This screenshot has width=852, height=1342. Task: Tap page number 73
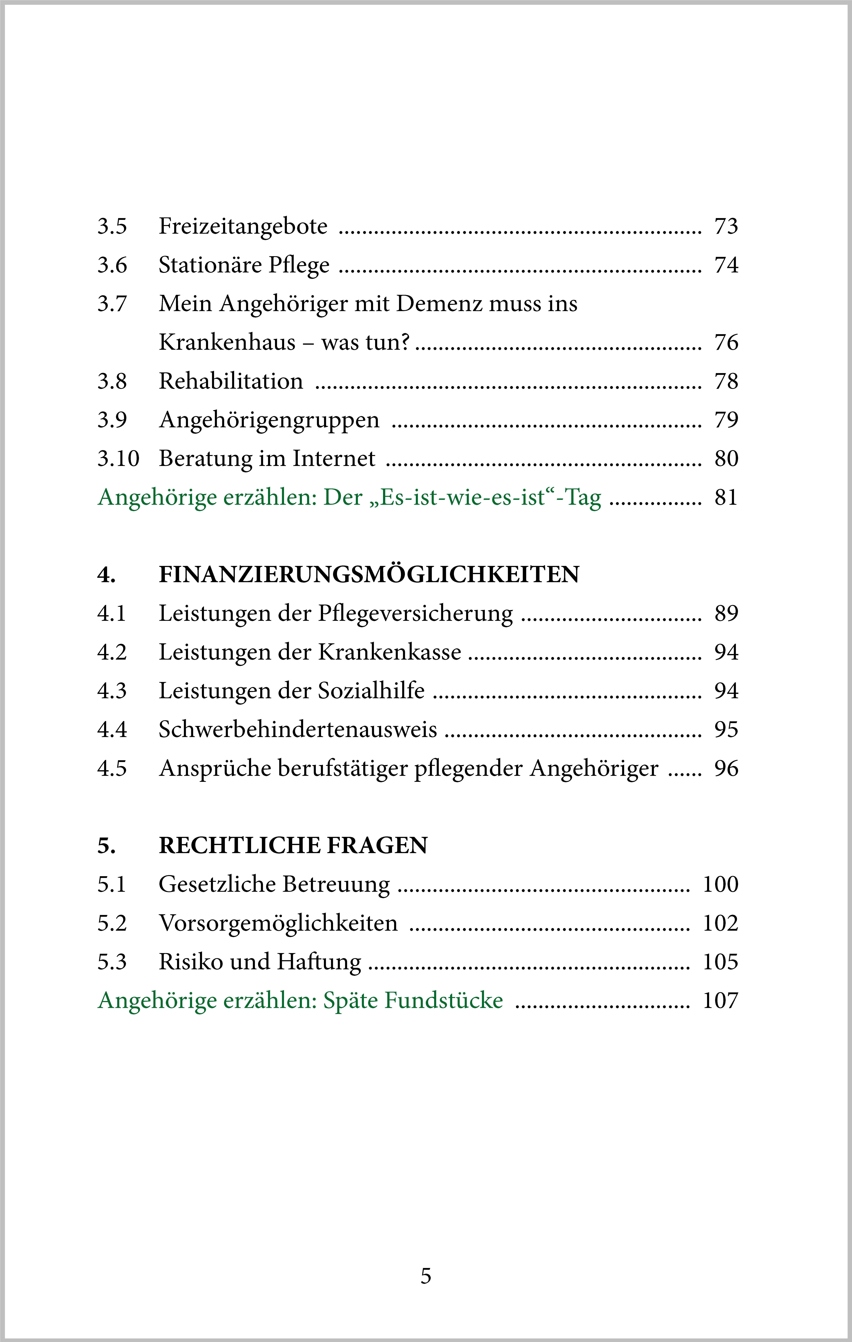(726, 226)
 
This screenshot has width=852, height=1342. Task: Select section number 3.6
(112, 265)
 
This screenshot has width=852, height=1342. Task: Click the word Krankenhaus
(227, 342)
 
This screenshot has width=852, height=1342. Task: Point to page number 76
(726, 342)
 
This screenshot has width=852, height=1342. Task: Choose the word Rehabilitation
(231, 381)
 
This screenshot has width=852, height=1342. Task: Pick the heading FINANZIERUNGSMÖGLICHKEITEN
(369, 575)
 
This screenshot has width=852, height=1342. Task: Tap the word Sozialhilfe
(371, 691)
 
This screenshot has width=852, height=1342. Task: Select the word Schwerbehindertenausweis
(298, 730)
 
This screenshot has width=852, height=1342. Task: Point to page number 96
(726, 769)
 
